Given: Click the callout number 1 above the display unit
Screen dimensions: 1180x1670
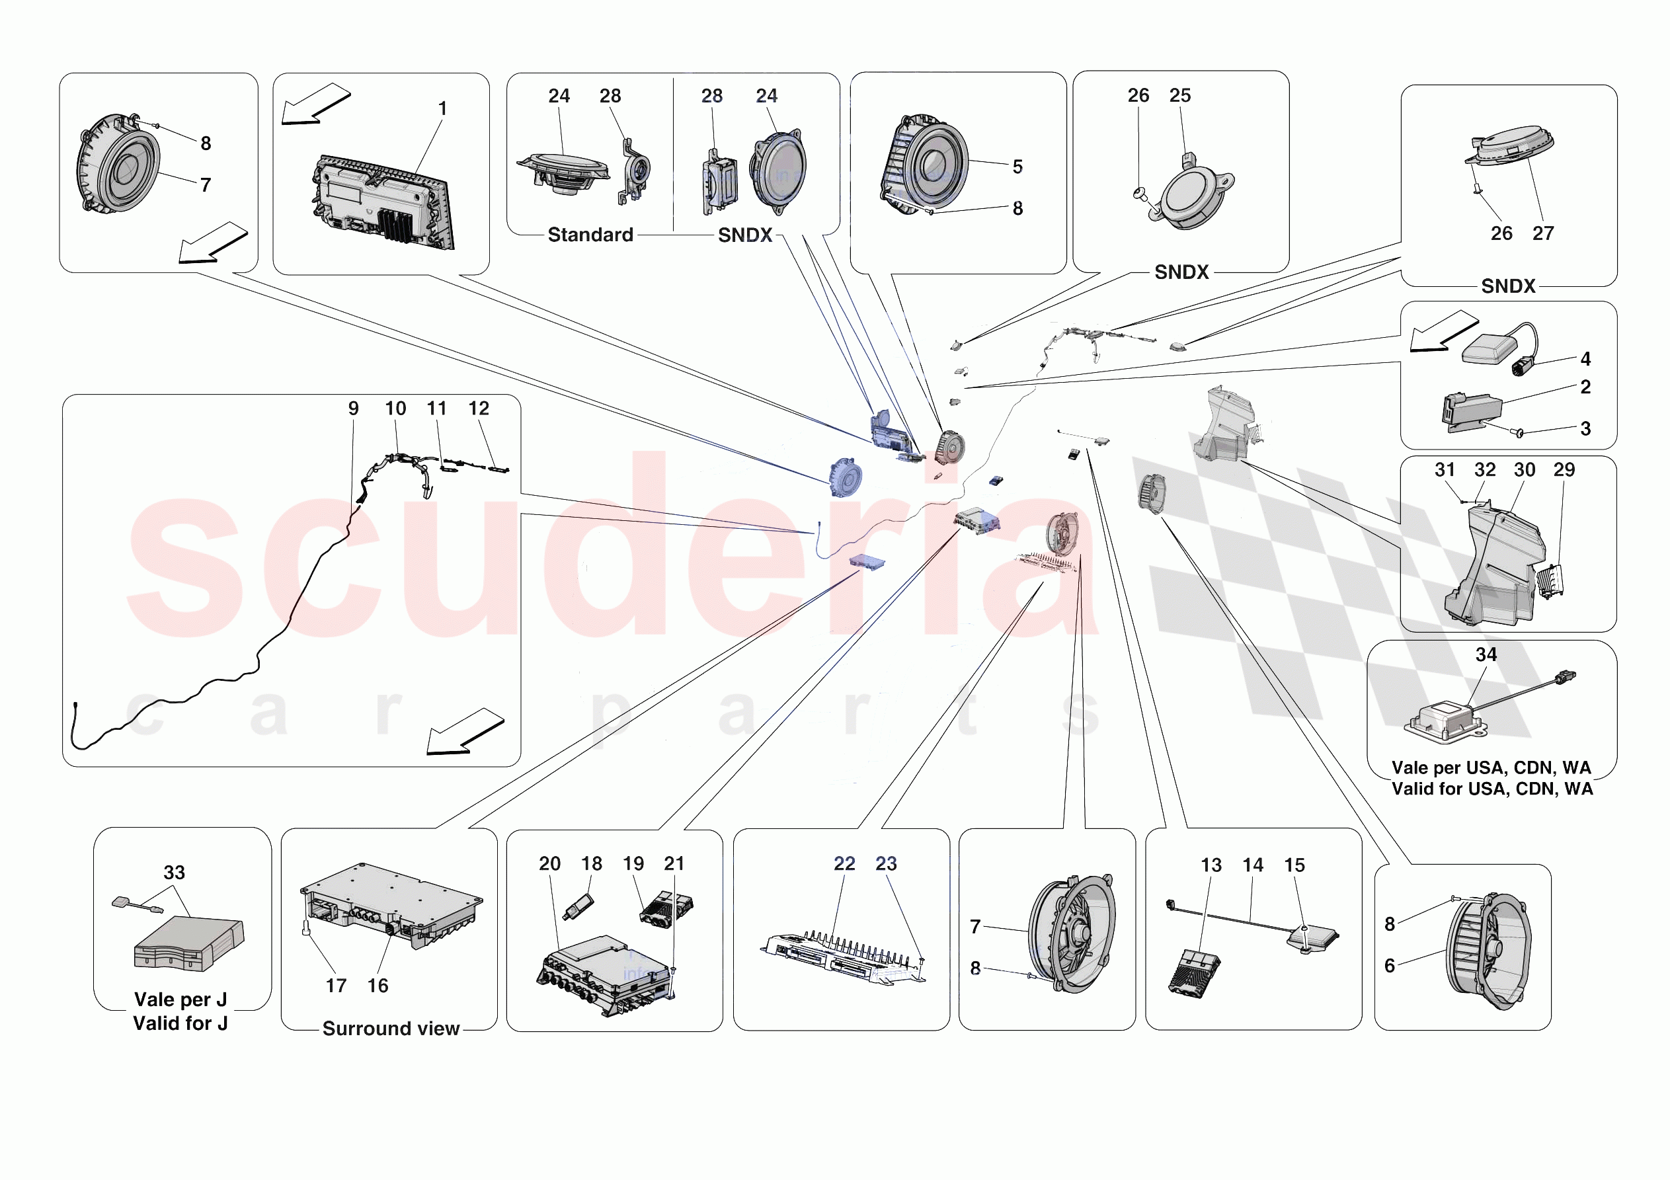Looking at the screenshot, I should (x=442, y=108).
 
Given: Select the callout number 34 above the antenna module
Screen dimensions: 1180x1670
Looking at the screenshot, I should (x=1486, y=654).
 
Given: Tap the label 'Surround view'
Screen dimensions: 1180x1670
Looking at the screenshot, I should (x=391, y=1028).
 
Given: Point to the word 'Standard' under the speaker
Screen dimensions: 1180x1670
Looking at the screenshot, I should (x=590, y=235).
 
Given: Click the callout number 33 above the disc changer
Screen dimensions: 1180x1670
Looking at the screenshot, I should (x=174, y=872).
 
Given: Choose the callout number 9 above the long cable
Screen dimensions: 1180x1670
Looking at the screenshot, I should (x=354, y=408).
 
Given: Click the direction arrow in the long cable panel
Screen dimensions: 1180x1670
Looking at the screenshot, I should (x=465, y=732).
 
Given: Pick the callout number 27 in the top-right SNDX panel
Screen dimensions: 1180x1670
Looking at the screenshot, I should (x=1542, y=233).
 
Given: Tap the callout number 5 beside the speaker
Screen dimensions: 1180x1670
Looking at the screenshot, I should (x=1017, y=167).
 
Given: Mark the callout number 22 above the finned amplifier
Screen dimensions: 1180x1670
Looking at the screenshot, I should (x=844, y=863).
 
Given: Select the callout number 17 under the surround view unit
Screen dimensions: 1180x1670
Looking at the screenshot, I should (x=336, y=986).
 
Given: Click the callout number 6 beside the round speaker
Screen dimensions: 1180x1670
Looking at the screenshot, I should (x=1389, y=965).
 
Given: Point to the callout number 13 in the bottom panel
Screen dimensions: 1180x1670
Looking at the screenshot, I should (x=1211, y=865).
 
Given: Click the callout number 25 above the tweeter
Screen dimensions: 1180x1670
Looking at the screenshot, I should (x=1179, y=95).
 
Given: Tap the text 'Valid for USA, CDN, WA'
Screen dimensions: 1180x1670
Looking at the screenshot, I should (x=1491, y=789).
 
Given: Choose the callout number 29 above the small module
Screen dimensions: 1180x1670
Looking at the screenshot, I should (x=1564, y=470).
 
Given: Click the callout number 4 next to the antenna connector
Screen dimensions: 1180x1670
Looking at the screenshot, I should (x=1585, y=359).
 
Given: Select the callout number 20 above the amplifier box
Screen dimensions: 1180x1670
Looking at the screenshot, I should (x=549, y=863).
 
